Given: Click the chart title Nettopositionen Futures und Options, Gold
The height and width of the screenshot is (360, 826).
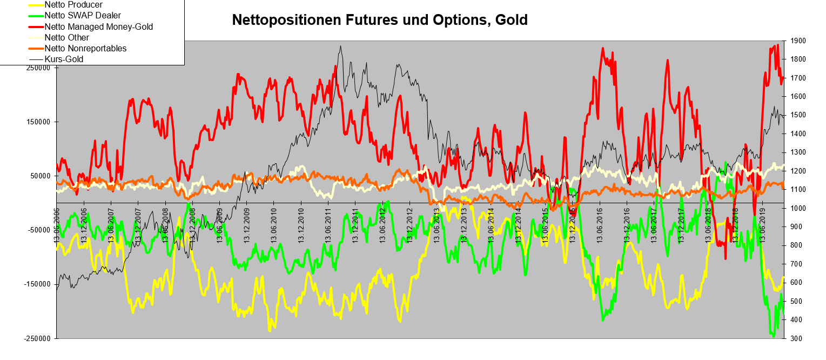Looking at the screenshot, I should point(379,20).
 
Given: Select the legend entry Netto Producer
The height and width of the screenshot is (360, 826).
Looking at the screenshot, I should point(73,5).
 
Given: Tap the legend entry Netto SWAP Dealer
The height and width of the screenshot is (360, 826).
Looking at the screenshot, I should point(83,16).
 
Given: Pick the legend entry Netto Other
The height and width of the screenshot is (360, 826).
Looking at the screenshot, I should point(67,37).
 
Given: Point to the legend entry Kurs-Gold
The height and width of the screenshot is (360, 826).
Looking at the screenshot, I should point(64,59).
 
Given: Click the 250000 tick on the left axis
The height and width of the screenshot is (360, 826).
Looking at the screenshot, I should point(38,68).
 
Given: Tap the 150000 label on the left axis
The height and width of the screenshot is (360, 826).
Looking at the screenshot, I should point(38,122).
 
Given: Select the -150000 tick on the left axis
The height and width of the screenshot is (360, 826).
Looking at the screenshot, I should point(37,284).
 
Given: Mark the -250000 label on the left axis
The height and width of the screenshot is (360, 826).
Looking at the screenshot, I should point(37,338).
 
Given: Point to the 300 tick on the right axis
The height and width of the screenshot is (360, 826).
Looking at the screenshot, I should point(795,338).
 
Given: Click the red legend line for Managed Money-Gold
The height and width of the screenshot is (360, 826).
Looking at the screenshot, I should point(36,26).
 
